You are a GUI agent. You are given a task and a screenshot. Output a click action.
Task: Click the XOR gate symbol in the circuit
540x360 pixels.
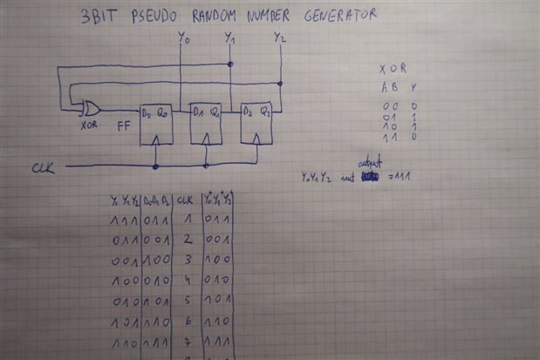point(88,108)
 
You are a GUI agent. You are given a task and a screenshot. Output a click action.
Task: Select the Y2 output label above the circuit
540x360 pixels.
point(279,38)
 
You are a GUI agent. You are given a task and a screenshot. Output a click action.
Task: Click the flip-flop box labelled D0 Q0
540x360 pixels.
point(156,123)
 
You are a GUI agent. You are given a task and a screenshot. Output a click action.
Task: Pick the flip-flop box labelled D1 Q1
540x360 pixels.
point(206,123)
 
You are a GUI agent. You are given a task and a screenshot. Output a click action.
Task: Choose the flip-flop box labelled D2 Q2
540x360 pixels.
point(256,123)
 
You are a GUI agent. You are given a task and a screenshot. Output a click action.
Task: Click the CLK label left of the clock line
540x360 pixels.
point(44,166)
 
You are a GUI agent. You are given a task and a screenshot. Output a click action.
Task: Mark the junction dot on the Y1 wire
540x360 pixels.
point(229,65)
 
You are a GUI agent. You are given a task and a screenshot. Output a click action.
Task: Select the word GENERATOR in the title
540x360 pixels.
point(335,14)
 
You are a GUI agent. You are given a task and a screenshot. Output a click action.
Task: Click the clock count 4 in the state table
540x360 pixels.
point(186,282)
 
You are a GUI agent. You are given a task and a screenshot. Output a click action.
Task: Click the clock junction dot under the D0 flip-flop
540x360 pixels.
point(155,165)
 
